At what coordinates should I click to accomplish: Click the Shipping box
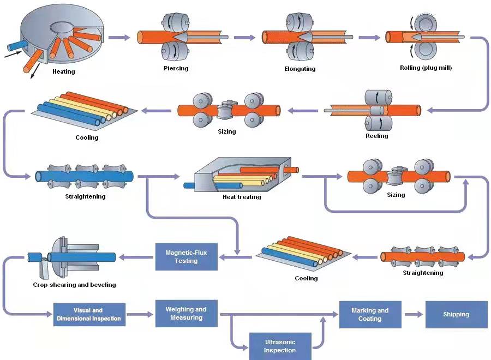456,314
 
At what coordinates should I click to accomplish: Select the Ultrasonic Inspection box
280,346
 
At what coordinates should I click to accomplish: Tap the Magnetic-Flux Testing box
186,256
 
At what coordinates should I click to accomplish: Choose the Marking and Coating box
370,314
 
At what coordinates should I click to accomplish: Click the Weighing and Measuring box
186,313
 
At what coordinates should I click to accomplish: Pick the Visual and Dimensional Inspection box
89,315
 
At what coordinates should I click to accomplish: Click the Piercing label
176,68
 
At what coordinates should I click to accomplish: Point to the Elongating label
300,69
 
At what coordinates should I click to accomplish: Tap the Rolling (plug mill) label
426,68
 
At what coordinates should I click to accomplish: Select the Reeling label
376,136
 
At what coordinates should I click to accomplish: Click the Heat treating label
242,197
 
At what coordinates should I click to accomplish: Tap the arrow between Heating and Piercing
119,37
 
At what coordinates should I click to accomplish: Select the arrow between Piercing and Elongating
244,38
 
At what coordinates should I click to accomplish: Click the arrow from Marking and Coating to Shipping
413,314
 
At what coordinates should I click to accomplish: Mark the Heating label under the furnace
64,71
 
